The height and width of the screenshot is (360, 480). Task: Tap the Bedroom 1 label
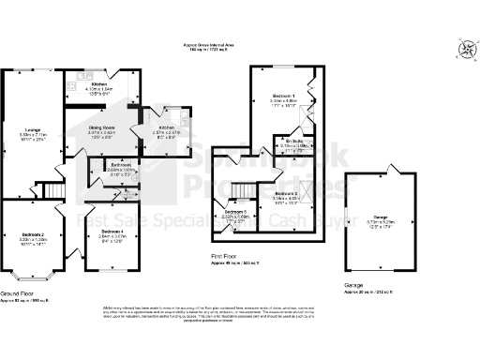click(284, 97)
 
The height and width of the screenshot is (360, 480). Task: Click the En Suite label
click(296, 141)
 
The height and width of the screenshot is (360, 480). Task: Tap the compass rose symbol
click(466, 53)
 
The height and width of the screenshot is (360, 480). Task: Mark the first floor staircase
click(243, 191)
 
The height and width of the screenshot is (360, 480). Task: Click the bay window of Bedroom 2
click(29, 276)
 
